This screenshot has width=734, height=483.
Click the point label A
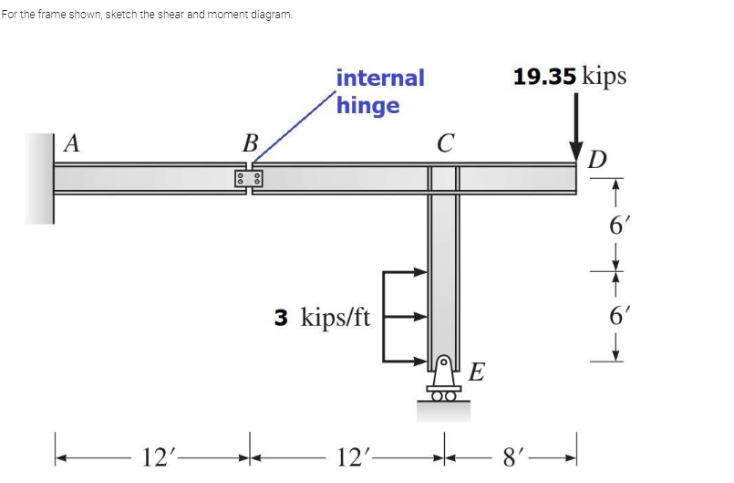tap(71, 143)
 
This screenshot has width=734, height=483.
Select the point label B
tap(251, 143)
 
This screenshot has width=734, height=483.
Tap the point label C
tap(445, 143)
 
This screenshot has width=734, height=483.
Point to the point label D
tap(597, 160)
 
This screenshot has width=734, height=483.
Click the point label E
tap(477, 372)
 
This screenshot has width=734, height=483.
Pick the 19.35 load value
tap(544, 77)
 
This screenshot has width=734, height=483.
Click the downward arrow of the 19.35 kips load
tap(575, 128)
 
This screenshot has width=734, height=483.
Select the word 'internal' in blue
tap(380, 78)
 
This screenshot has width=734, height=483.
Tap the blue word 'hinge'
tap(368, 106)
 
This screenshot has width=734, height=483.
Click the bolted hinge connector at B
tap(249, 178)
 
